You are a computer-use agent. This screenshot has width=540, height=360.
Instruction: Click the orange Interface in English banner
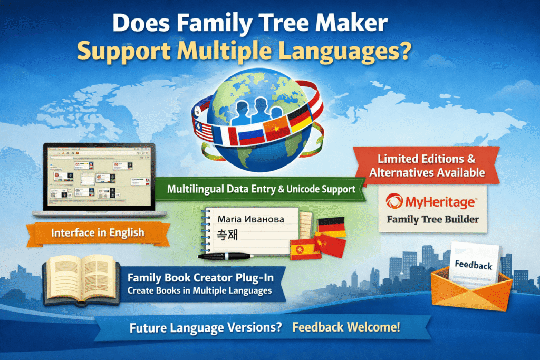98,232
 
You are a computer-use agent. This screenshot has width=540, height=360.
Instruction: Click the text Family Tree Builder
432,219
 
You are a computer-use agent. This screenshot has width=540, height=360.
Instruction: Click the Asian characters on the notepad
228,235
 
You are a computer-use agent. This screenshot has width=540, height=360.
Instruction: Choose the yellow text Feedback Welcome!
346,327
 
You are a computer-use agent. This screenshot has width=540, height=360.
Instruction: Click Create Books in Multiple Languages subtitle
199,290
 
